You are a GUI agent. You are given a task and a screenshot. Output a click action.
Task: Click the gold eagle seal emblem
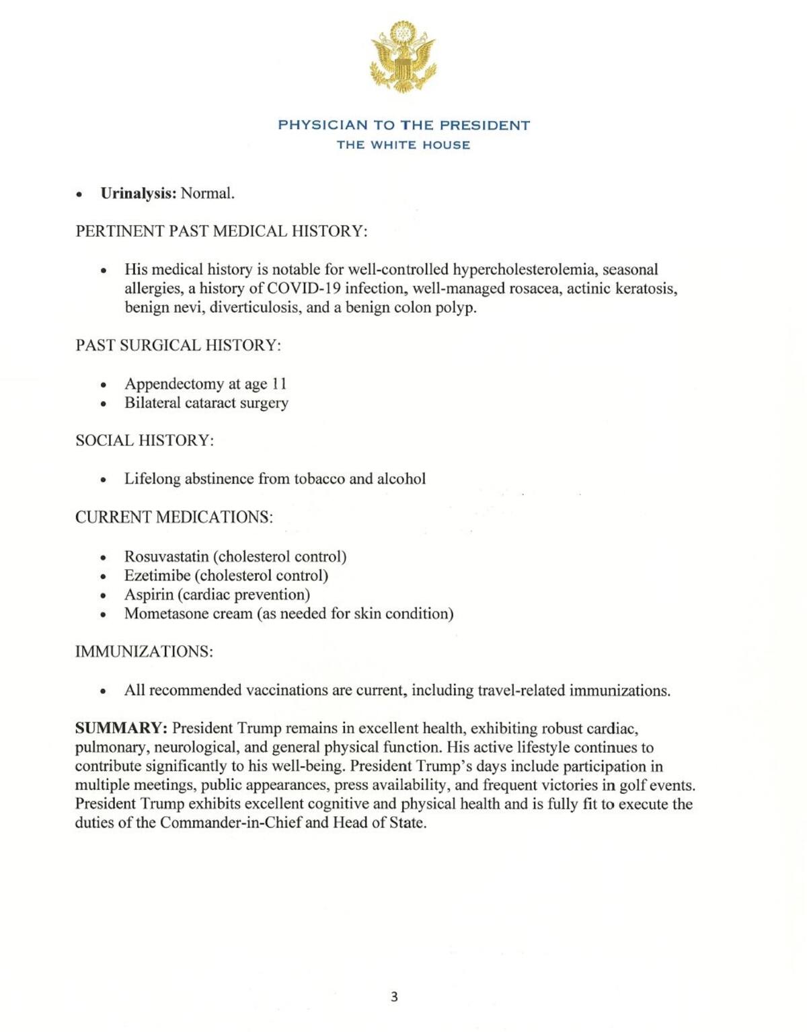(403, 57)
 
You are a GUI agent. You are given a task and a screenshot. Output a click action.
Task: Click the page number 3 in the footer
(394, 997)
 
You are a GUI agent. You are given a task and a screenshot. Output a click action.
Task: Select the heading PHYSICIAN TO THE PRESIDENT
(403, 125)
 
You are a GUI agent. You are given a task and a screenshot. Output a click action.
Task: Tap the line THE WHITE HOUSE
(403, 145)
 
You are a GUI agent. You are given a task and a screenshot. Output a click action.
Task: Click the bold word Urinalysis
(138, 194)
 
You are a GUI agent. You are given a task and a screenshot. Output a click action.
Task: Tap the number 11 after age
(279, 384)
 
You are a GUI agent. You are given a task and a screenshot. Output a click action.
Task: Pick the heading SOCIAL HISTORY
(144, 441)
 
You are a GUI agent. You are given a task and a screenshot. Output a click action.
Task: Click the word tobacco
(319, 479)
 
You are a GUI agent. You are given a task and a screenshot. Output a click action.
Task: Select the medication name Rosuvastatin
(166, 557)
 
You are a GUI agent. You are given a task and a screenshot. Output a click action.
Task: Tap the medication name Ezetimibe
(157, 576)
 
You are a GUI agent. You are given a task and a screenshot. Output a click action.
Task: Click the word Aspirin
(149, 595)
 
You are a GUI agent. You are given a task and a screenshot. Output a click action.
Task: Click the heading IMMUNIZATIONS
(144, 652)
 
